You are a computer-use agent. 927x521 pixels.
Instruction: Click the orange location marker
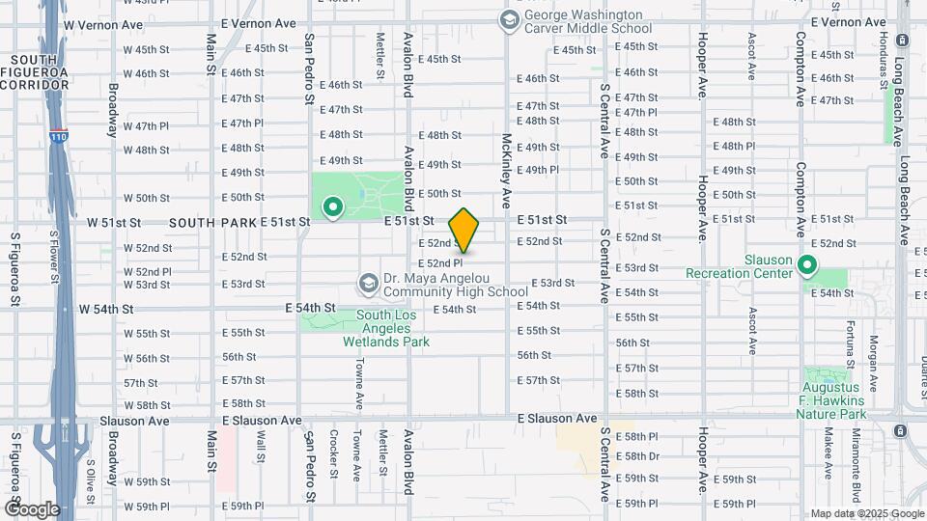point(463,230)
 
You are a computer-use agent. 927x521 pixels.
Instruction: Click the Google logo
point(32,508)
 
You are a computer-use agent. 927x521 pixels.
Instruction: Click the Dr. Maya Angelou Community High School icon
point(368,284)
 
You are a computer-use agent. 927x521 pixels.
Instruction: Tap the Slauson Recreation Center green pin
point(808,264)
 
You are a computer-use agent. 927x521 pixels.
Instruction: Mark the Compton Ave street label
point(801,68)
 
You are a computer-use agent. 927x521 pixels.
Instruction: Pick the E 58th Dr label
point(637,456)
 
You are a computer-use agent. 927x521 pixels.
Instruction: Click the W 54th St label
point(106,309)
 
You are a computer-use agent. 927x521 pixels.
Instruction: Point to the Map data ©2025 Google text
point(864,513)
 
